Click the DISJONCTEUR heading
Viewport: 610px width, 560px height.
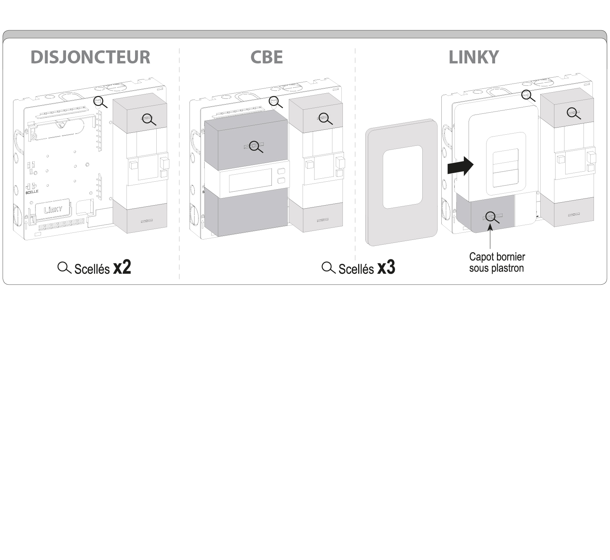[90, 57]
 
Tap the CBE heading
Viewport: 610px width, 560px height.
[266, 57]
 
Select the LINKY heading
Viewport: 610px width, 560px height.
[473, 57]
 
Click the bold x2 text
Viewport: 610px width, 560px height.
[122, 268]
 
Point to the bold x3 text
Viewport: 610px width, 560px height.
[386, 268]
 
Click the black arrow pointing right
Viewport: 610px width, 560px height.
[460, 166]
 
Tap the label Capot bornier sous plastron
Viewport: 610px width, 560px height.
[497, 262]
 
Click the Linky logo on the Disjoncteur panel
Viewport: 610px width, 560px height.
[53, 209]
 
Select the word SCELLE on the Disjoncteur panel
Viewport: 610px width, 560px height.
[32, 191]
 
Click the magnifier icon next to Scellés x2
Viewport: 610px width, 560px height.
[64, 268]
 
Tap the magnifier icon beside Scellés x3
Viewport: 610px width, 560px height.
[328, 268]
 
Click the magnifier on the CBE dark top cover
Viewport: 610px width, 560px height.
[255, 147]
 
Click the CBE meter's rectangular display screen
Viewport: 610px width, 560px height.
[250, 180]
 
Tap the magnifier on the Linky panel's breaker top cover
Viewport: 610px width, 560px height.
[573, 112]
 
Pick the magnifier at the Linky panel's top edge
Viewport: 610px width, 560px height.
[527, 95]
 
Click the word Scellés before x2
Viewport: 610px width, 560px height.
[92, 269]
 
